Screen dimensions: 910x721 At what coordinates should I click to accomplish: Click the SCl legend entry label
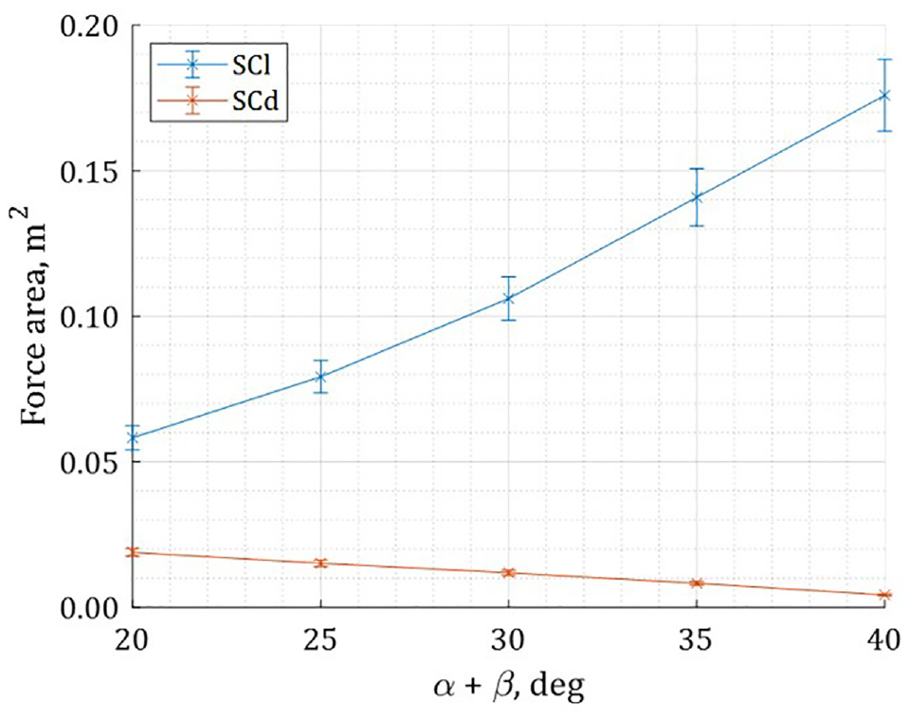pos(252,65)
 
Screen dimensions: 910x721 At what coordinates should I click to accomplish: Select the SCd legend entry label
pos(256,102)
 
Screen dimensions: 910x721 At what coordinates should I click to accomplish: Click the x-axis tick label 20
pos(133,640)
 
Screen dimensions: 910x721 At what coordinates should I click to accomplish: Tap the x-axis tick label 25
pos(320,640)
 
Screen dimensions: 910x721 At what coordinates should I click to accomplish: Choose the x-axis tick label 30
pos(508,640)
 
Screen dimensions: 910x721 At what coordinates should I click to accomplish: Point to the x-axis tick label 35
pos(697,640)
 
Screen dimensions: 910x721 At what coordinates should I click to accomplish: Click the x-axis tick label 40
pos(883,640)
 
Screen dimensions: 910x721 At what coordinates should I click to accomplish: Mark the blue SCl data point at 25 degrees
pos(320,377)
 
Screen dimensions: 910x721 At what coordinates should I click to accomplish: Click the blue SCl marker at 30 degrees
pos(508,299)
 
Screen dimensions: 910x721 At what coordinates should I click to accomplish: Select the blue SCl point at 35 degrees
pos(697,197)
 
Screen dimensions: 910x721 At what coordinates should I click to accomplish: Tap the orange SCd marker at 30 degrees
pos(508,573)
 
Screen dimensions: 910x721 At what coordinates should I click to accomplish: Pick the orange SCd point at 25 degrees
pos(320,563)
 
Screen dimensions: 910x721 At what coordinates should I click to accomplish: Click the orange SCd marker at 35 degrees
pos(697,582)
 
